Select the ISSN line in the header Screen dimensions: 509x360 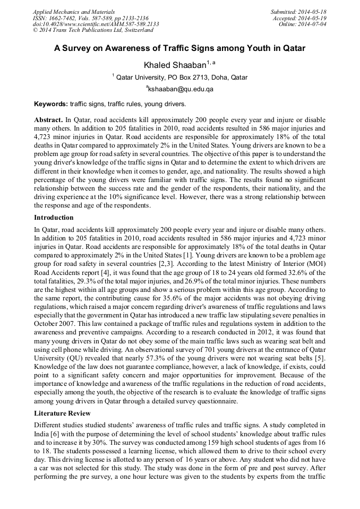(x=90, y=18)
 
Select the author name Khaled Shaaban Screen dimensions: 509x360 (x=175, y=65)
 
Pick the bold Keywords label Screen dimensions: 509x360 (x=51, y=103)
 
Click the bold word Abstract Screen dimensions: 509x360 (x=48, y=120)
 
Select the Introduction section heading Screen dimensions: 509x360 (x=54, y=218)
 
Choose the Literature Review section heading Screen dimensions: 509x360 (x=62, y=413)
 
